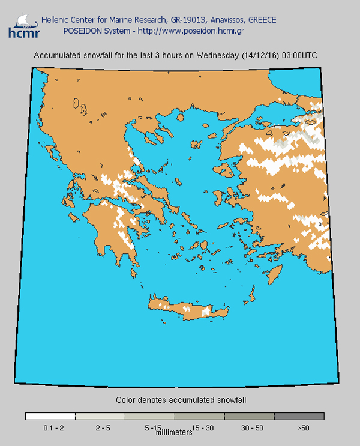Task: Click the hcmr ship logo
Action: click(x=20, y=25)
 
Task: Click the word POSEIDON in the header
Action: click(x=81, y=30)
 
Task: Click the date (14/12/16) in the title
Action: click(x=262, y=56)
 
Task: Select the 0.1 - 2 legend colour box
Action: click(x=50, y=415)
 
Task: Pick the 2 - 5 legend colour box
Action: click(x=100, y=415)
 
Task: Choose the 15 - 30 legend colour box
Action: click(x=200, y=415)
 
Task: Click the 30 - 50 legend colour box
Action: click(x=250, y=415)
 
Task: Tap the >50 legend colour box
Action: click(x=299, y=415)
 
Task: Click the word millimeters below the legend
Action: click(x=175, y=432)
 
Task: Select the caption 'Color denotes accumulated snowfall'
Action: click(x=181, y=399)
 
